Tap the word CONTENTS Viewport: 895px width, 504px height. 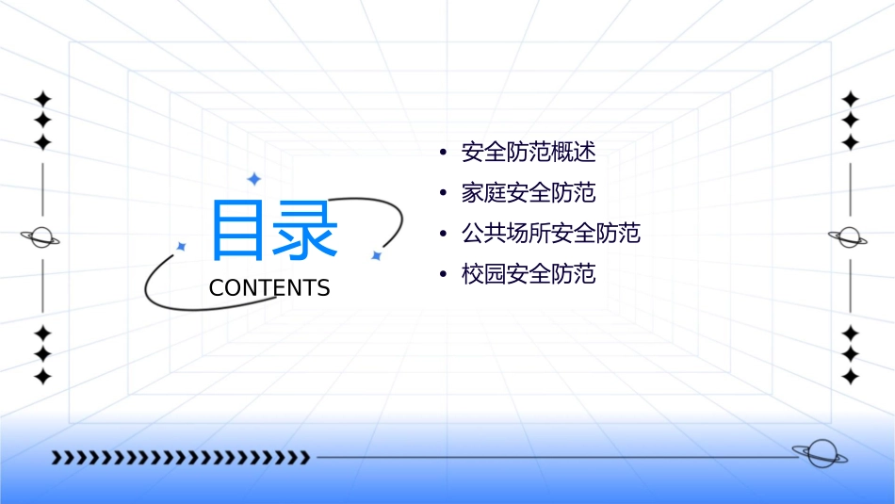coord(269,288)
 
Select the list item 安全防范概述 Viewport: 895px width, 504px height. coord(529,153)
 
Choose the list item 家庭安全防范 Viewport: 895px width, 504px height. coord(529,193)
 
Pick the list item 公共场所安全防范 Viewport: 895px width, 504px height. coord(550,234)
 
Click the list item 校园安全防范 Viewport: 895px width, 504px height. coord(529,274)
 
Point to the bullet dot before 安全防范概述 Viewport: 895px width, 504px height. coord(443,153)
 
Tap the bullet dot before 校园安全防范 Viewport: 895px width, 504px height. coord(443,274)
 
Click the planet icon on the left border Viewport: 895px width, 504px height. coord(41,237)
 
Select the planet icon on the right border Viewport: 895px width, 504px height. coord(850,237)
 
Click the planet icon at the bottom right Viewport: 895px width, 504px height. coord(820,454)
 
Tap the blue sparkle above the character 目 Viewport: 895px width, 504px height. coord(253,178)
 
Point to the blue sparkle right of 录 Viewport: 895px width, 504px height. coord(376,254)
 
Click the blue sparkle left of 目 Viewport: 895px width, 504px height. coord(182,246)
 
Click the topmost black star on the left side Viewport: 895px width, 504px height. coord(42,99)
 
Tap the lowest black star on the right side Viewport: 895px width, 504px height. coord(851,376)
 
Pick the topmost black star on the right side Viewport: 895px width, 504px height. coord(851,99)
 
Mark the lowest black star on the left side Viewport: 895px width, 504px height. coord(42,376)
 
